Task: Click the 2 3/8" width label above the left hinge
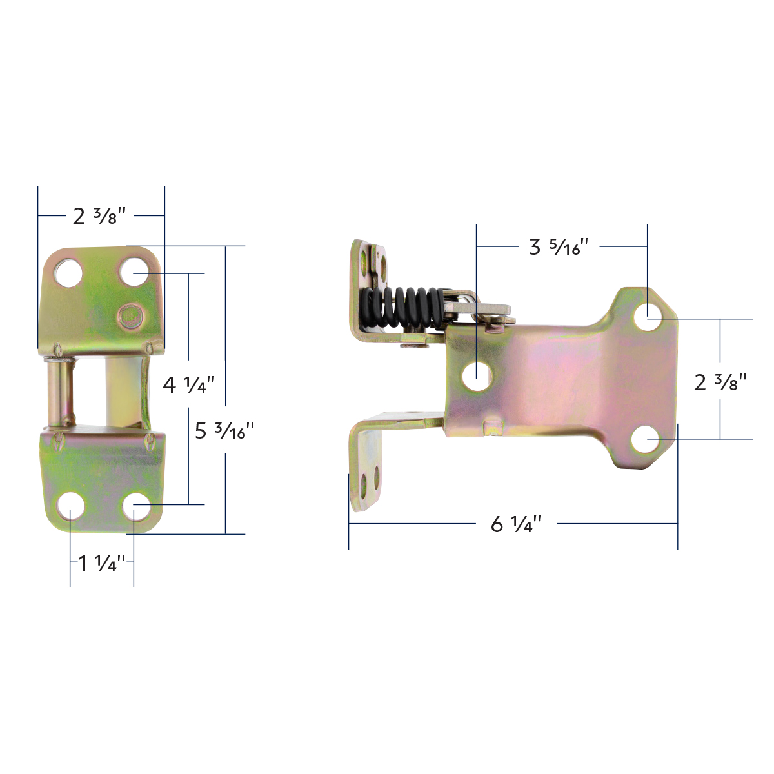click(x=99, y=215)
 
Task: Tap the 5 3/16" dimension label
click(x=225, y=430)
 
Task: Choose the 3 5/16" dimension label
click(x=559, y=246)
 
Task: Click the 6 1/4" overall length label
click(x=515, y=524)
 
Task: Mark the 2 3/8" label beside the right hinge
click(x=720, y=382)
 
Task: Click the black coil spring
click(x=403, y=307)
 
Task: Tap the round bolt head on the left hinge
click(x=130, y=316)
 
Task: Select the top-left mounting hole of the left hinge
click(x=67, y=273)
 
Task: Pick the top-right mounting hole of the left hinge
click(x=134, y=273)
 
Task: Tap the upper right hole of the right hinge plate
click(x=647, y=317)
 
